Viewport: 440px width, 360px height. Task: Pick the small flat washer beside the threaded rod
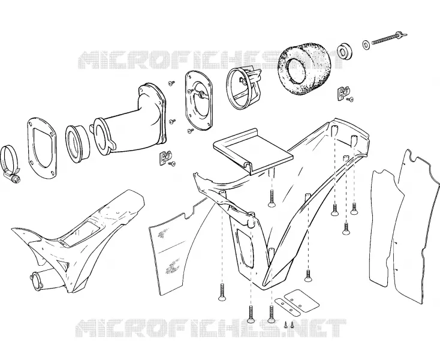366,44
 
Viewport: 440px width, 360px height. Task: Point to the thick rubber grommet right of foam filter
344,51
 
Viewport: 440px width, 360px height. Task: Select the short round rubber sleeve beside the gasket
78,143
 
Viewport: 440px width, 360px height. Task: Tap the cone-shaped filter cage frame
243,88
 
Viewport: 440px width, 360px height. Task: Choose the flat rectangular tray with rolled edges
253,151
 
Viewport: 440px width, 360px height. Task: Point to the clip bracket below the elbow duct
165,158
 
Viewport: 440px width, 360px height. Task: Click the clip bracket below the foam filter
343,92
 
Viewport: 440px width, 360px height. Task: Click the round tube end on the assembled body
36,279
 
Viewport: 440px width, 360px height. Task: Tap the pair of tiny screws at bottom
289,325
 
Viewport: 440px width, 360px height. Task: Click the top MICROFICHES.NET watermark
211,60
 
